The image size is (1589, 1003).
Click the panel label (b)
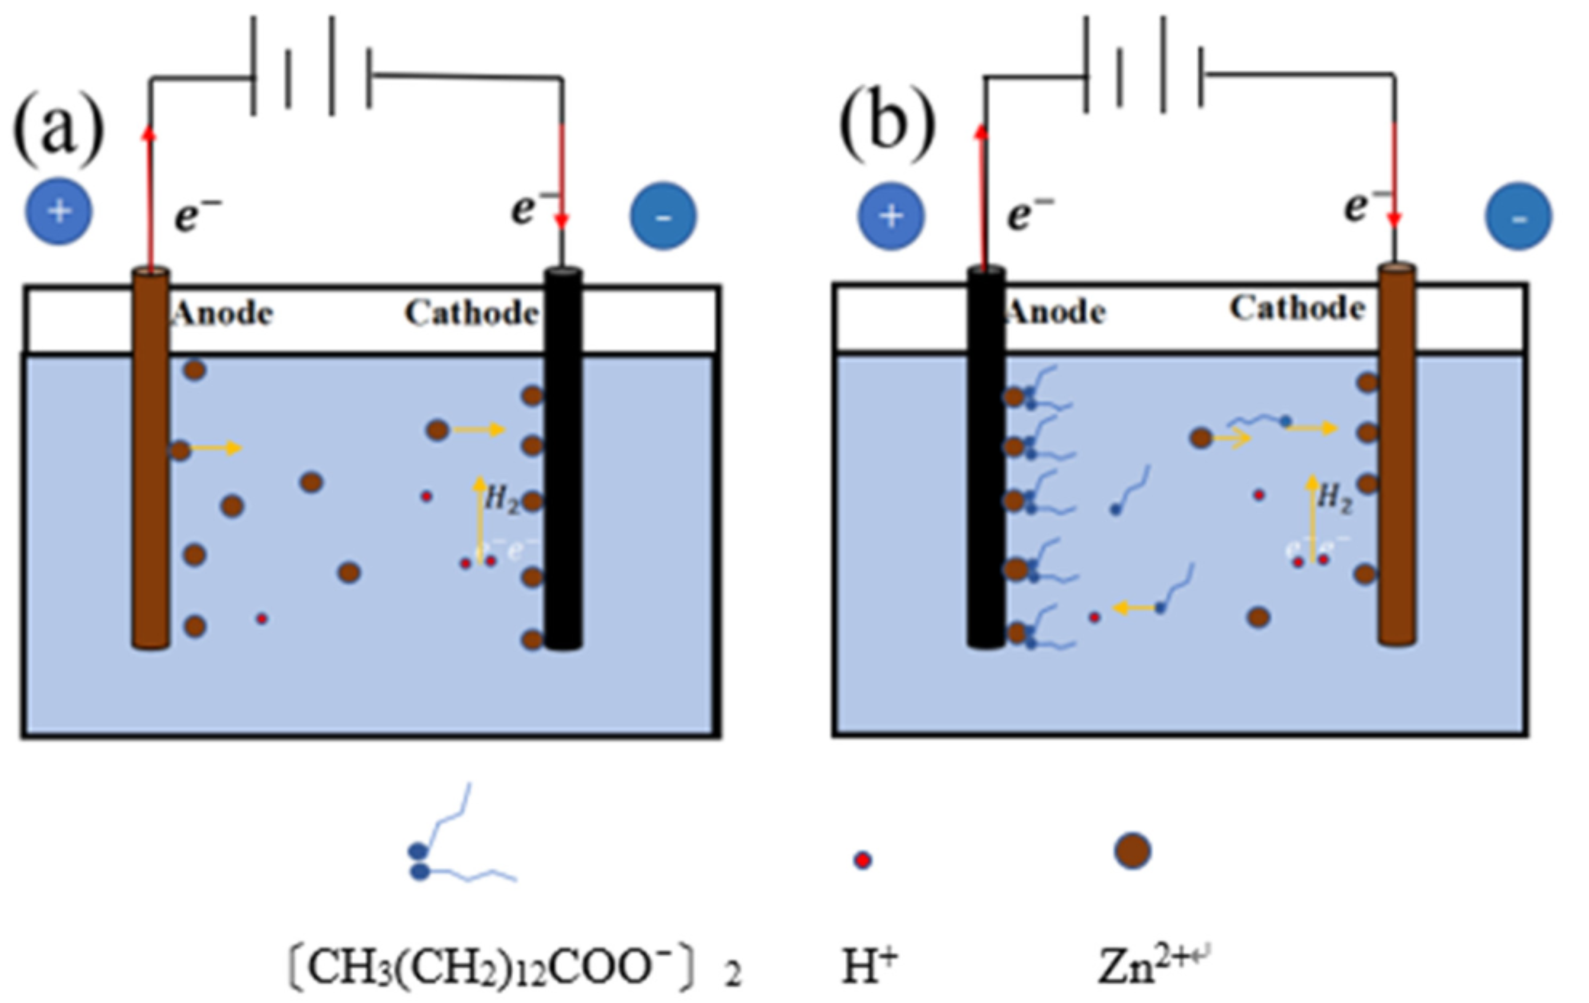click(x=887, y=126)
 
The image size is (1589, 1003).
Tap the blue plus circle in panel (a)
click(x=59, y=211)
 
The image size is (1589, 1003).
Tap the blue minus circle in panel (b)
click(x=1519, y=216)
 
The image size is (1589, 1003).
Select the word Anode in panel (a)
click(x=223, y=314)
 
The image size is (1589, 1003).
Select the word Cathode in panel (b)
click(x=1297, y=308)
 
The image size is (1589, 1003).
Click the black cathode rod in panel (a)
click(x=563, y=462)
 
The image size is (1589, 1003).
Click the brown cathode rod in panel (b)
click(x=1397, y=462)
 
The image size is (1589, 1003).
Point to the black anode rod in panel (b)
click(x=986, y=462)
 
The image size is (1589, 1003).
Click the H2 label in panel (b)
click(x=1334, y=498)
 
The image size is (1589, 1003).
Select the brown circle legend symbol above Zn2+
click(x=1132, y=851)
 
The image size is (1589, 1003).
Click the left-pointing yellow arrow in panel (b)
click(x=1132, y=607)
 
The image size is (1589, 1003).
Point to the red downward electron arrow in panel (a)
click(x=562, y=178)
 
